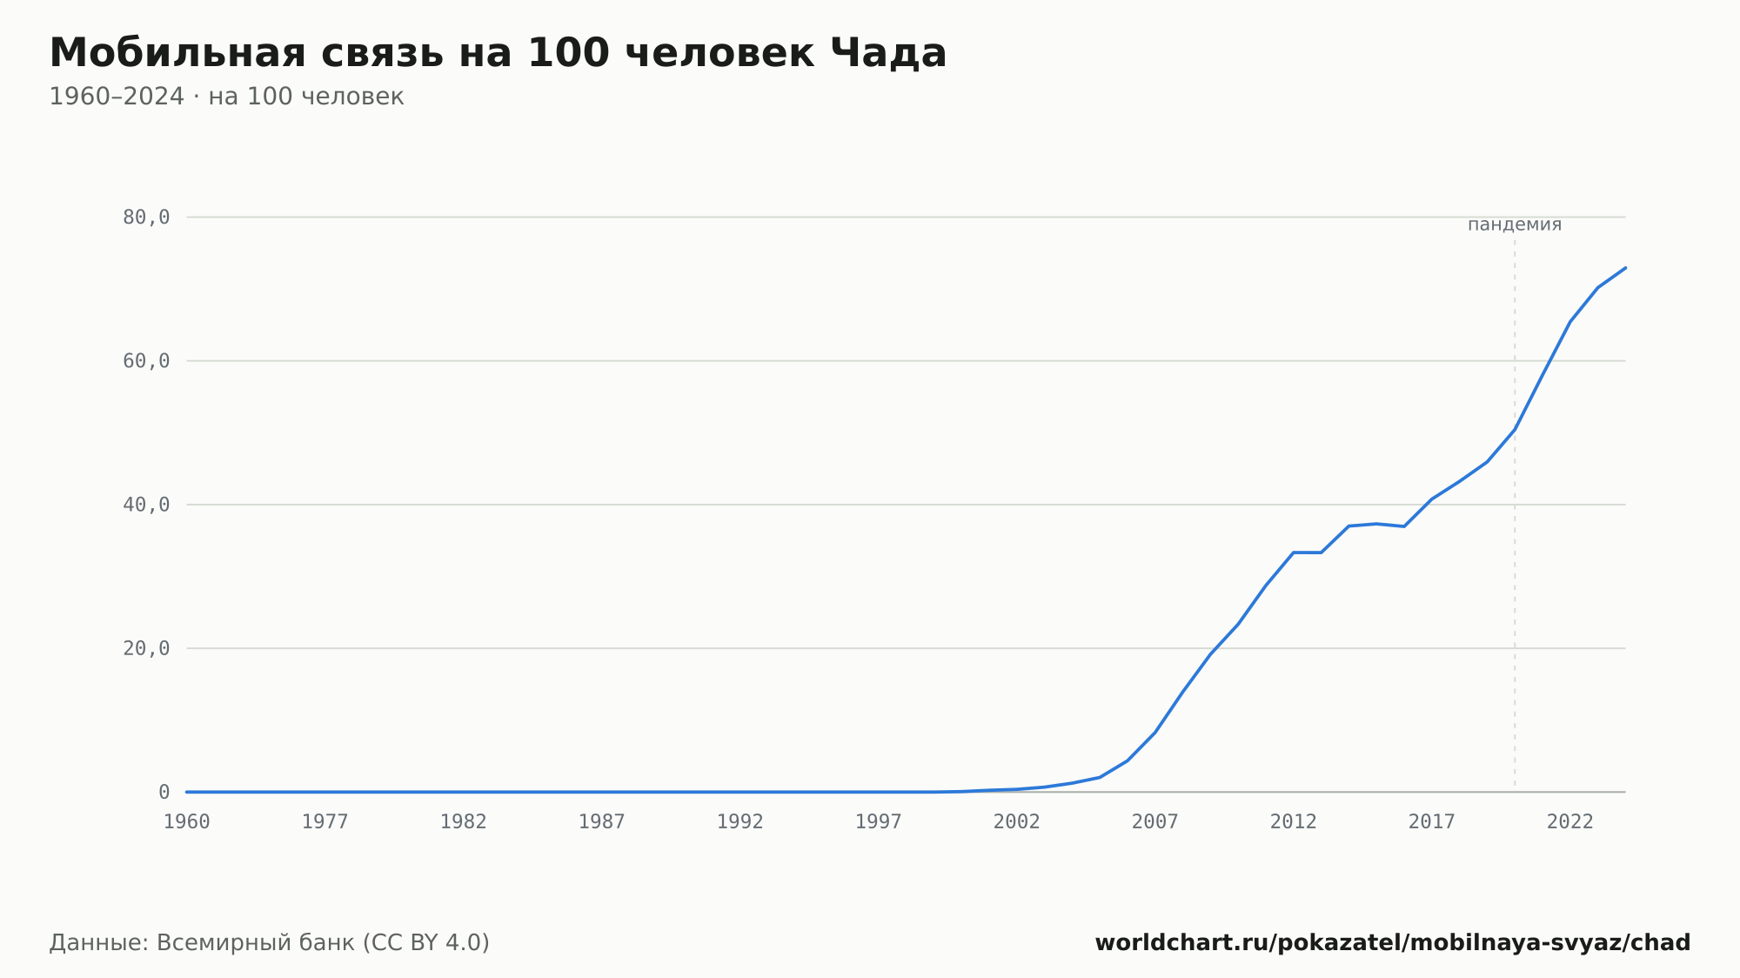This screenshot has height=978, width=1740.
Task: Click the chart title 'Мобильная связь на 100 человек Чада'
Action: tap(498, 53)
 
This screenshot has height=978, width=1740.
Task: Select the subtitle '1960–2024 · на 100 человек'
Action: tap(226, 97)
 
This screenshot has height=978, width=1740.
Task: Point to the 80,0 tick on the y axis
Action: tap(146, 218)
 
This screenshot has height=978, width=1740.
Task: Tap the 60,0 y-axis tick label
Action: tap(146, 361)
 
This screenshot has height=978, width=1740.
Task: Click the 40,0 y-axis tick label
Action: tap(146, 505)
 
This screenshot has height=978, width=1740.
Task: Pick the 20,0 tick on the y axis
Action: tap(146, 648)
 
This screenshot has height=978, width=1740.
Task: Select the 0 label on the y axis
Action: tap(164, 792)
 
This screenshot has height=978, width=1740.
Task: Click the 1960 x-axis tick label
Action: tap(187, 822)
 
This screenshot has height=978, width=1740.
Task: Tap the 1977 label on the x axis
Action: tap(325, 822)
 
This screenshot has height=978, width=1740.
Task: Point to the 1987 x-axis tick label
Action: tap(602, 822)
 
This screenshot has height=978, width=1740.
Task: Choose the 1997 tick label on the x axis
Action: tap(879, 822)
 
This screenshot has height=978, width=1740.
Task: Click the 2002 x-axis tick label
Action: tap(1017, 822)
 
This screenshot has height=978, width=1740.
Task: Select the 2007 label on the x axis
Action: tap(1155, 822)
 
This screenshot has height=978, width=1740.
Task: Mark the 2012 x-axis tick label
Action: tap(1294, 822)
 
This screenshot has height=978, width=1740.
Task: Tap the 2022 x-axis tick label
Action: tap(1570, 822)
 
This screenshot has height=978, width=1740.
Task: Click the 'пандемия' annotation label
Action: tap(1515, 224)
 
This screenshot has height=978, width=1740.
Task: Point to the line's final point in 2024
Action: tap(1625, 268)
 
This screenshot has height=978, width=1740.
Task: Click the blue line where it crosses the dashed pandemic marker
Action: tap(1515, 429)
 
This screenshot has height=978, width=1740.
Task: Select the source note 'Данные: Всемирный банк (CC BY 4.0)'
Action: tap(270, 943)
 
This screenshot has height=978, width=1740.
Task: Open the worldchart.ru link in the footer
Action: tap(1393, 943)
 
